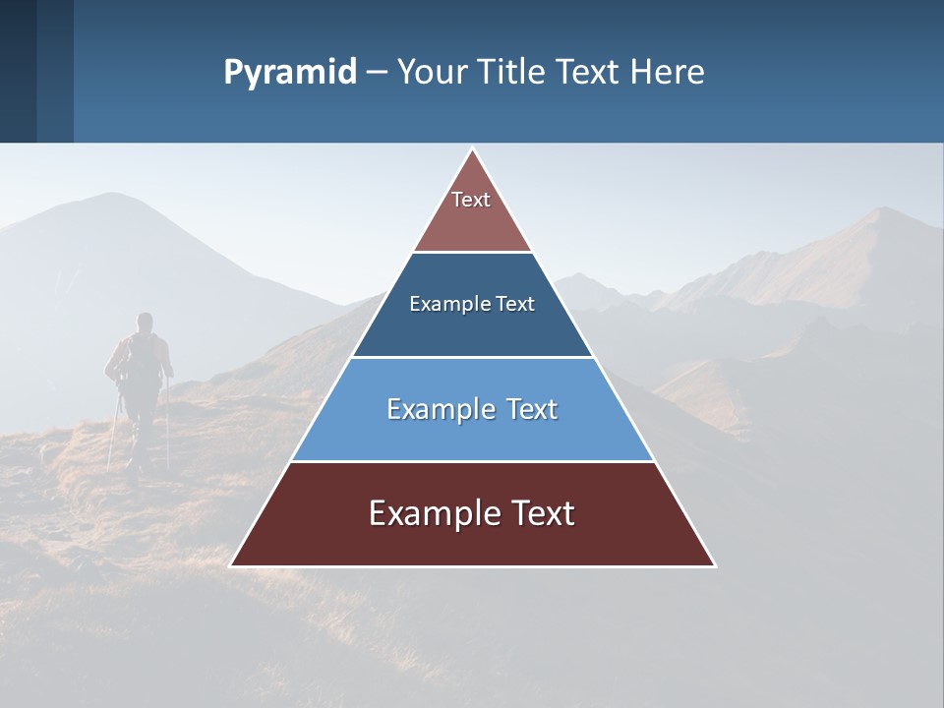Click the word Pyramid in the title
[x=290, y=73]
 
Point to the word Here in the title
[x=667, y=73]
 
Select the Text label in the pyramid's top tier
[x=471, y=200]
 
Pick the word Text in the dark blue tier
[x=516, y=304]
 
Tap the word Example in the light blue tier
[x=440, y=409]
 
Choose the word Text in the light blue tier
[x=532, y=409]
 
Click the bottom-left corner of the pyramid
[x=232, y=565]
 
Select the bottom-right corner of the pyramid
[x=714, y=565]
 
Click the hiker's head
[x=145, y=322]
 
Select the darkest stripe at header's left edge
[x=18, y=71]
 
